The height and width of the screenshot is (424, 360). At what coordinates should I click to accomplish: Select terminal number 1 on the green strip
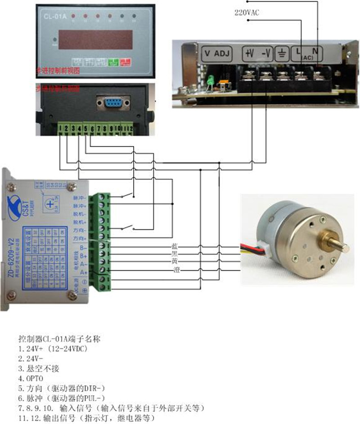[x=60, y=129]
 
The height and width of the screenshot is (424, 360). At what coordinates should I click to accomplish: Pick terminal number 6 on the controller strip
[x=92, y=129]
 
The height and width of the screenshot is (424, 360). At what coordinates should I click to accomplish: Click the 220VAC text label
[x=247, y=13]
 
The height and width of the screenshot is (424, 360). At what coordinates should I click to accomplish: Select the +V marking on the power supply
[x=249, y=54]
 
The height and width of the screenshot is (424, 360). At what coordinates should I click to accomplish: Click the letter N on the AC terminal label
[x=315, y=51]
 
